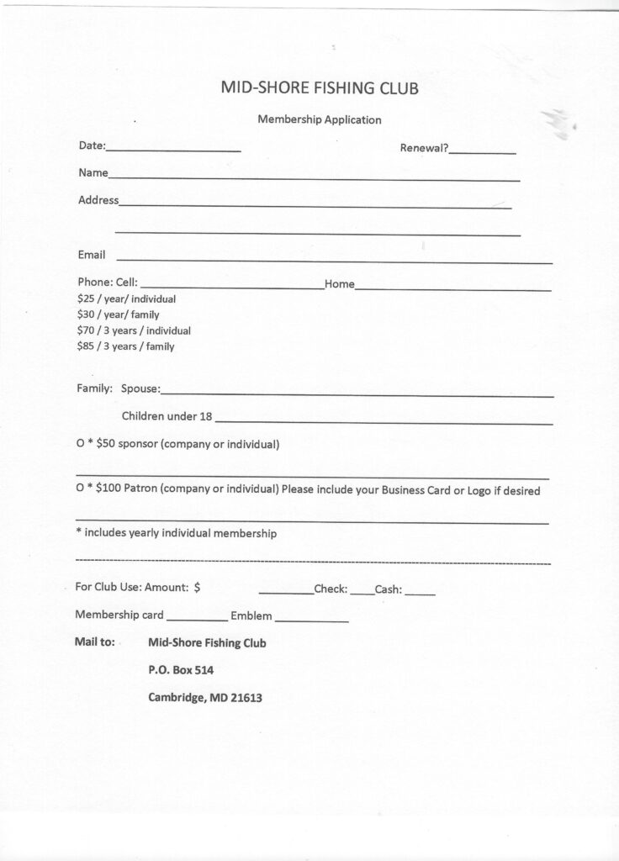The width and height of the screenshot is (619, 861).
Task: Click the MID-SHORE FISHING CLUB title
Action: pyautogui.click(x=319, y=87)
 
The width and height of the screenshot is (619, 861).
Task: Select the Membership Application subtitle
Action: pyautogui.click(x=319, y=119)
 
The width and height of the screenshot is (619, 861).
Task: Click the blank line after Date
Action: pyautogui.click(x=173, y=149)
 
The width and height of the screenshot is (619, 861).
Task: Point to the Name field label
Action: pyautogui.click(x=93, y=173)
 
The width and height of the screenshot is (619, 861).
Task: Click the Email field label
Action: pyautogui.click(x=92, y=255)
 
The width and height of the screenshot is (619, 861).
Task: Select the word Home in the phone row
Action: pyautogui.click(x=339, y=284)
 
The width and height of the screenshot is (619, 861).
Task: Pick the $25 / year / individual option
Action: pyautogui.click(x=126, y=299)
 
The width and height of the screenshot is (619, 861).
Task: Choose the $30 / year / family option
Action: pyautogui.click(x=118, y=314)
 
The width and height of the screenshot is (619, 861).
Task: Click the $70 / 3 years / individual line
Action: pyautogui.click(x=134, y=330)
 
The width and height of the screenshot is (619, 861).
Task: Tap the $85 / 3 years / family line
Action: pyautogui.click(x=125, y=346)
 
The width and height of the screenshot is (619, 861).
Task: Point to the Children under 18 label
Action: pyautogui.click(x=167, y=416)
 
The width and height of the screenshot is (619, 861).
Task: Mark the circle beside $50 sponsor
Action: pyautogui.click(x=79, y=444)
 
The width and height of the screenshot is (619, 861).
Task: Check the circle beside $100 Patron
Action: pyautogui.click(x=79, y=491)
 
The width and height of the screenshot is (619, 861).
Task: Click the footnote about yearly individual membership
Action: pyautogui.click(x=176, y=534)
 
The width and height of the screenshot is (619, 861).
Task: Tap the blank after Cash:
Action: pyautogui.click(x=420, y=594)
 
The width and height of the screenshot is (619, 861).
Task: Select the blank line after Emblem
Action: pyautogui.click(x=311, y=620)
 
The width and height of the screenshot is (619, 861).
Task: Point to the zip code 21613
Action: pyautogui.click(x=245, y=697)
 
